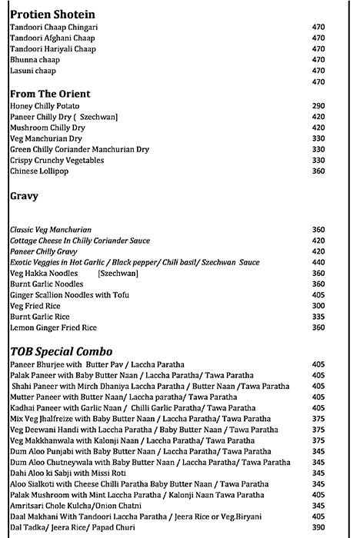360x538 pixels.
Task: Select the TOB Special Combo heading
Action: (62, 351)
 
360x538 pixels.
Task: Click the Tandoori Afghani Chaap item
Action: (53, 38)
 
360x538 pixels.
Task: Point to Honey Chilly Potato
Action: (45, 105)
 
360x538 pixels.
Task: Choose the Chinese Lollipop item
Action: (39, 171)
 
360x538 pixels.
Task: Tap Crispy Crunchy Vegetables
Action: (57, 160)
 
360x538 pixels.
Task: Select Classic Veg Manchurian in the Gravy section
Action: (51, 229)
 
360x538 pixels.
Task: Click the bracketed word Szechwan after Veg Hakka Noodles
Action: (118, 273)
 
